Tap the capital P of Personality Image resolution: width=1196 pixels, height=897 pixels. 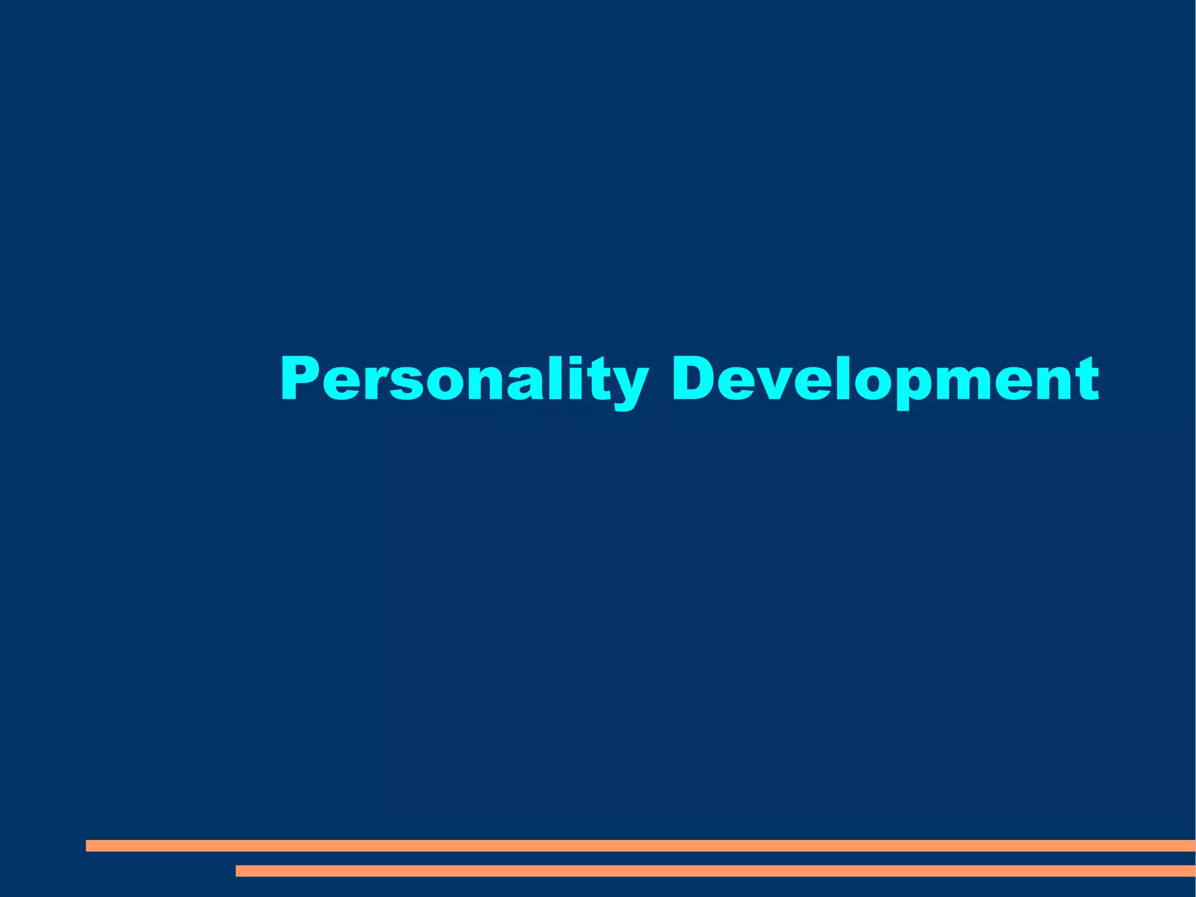point(300,379)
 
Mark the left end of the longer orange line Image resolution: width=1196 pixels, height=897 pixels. point(88,846)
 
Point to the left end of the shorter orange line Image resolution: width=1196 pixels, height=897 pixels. point(238,871)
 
